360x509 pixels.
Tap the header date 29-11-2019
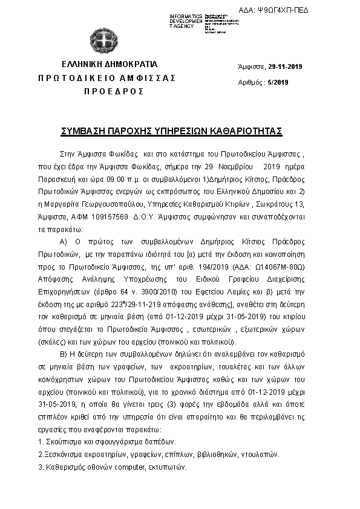pos(286,66)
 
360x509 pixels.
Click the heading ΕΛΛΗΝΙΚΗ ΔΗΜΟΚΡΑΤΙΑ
pos(109,64)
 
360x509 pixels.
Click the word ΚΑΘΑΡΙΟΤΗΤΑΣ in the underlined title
pos(246,131)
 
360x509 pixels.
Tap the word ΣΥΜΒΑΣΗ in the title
pos(86,131)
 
